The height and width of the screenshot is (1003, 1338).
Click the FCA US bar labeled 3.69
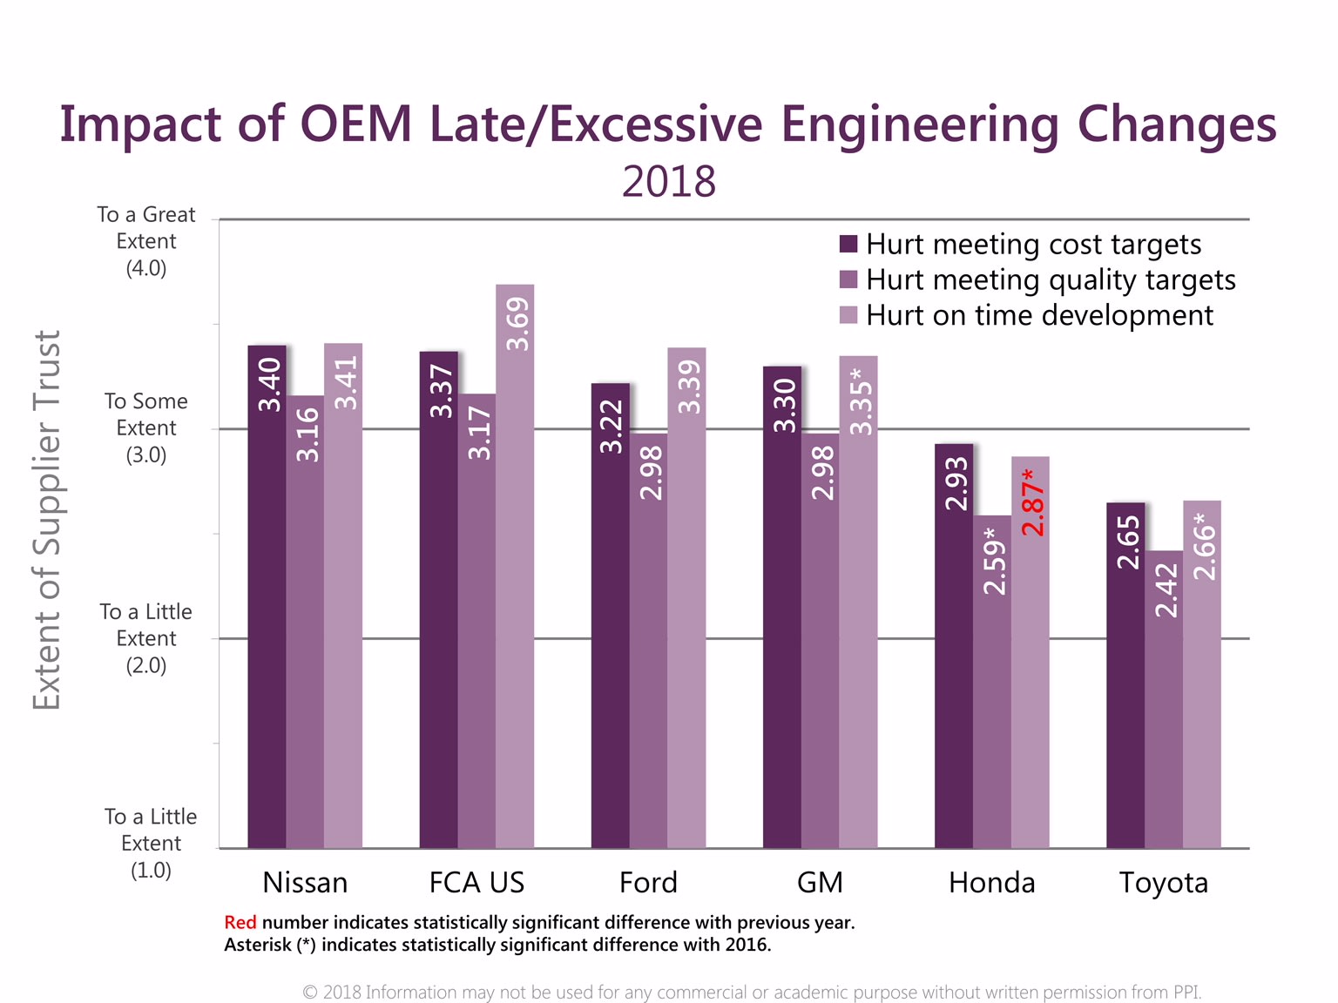[515, 566]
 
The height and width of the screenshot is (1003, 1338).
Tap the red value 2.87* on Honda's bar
[1032, 502]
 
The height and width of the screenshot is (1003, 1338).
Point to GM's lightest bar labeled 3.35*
[858, 601]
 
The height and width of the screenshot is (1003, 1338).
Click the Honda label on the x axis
[991, 883]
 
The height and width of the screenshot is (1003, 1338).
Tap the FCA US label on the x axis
[476, 883]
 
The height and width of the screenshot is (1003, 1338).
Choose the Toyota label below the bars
[1163, 883]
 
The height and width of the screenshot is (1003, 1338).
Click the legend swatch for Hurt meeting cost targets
[848, 244]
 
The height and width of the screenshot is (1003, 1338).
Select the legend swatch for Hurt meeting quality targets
[848, 279]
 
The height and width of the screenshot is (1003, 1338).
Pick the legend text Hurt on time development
[1039, 315]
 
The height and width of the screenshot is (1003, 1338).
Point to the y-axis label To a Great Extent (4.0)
[146, 241]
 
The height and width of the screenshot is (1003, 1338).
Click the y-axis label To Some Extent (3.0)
[146, 427]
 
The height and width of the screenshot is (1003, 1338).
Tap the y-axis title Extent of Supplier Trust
[47, 520]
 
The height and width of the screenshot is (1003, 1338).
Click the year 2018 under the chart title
[669, 182]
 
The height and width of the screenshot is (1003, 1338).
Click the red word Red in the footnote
[240, 923]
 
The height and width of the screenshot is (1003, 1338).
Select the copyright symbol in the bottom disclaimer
[309, 993]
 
